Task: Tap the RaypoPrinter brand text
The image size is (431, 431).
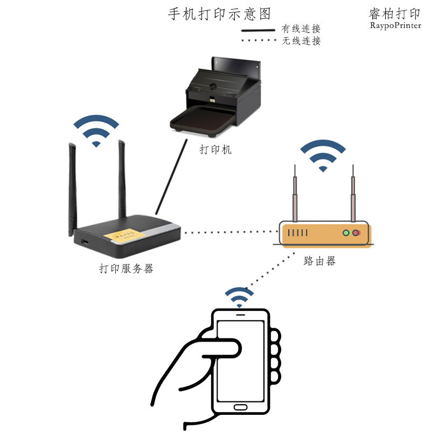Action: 395,25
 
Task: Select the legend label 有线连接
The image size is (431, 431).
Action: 301,29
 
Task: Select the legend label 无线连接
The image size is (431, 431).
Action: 301,41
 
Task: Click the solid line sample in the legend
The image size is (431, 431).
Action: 258,30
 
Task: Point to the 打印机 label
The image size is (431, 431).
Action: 215,150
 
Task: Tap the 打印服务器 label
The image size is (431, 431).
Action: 126,268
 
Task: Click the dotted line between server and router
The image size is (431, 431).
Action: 229,233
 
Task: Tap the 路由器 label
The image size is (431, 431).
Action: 319,261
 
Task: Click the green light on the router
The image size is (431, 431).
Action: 347,233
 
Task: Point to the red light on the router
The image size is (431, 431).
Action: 356,233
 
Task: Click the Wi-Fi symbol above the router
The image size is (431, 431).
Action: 323,157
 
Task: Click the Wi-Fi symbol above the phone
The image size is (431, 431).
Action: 239,297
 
